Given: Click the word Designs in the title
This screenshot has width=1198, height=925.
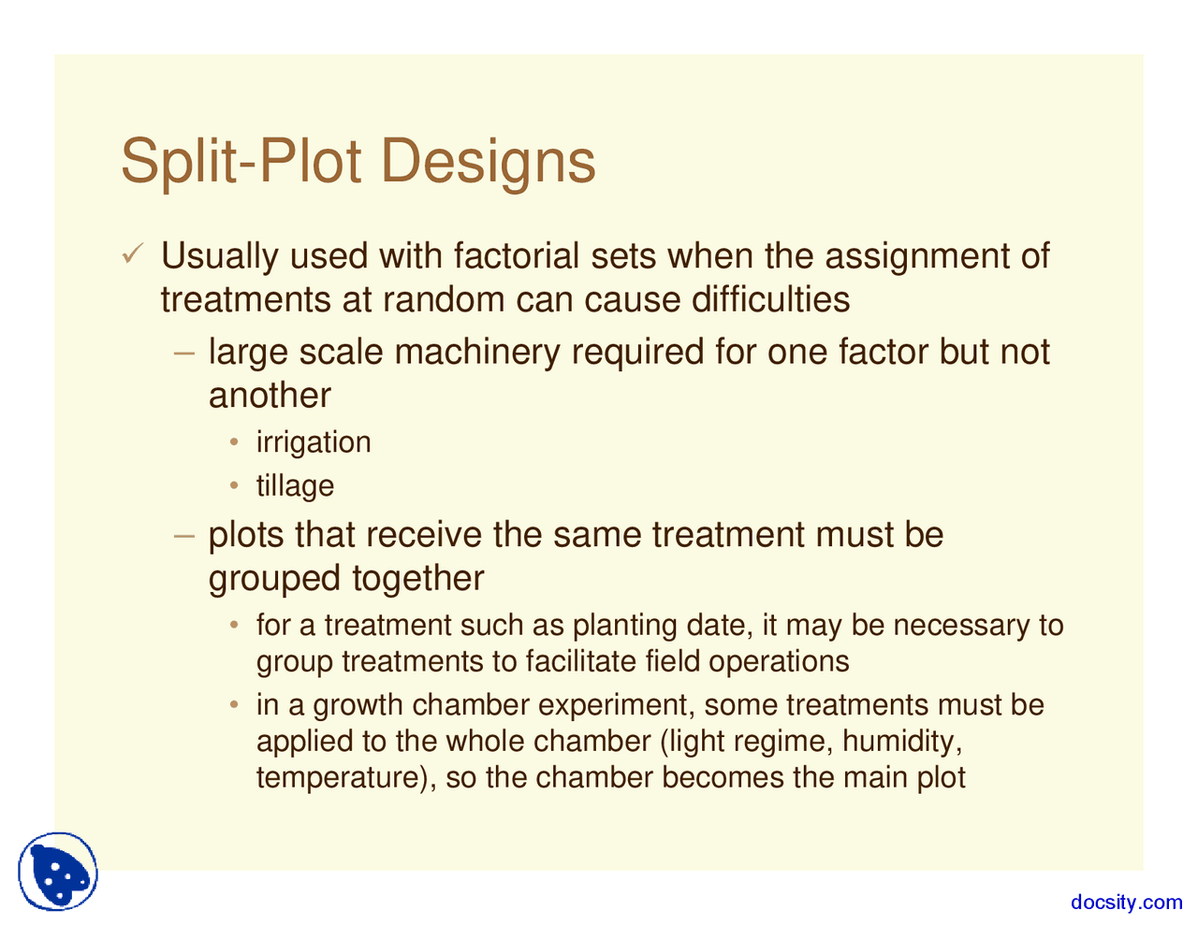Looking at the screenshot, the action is point(489,164).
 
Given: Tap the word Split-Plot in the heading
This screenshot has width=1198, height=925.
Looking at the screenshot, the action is point(241,164).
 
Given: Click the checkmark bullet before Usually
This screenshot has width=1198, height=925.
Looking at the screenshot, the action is point(132,253).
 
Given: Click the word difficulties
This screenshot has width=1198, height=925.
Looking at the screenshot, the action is point(770,299).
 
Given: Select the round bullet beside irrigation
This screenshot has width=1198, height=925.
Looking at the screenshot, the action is point(234,441).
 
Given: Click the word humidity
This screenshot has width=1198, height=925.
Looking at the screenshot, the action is point(902,742).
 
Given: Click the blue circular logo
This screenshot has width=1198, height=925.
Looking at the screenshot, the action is point(58,872).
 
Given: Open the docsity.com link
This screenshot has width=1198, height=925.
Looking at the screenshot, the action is point(1126,903).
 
